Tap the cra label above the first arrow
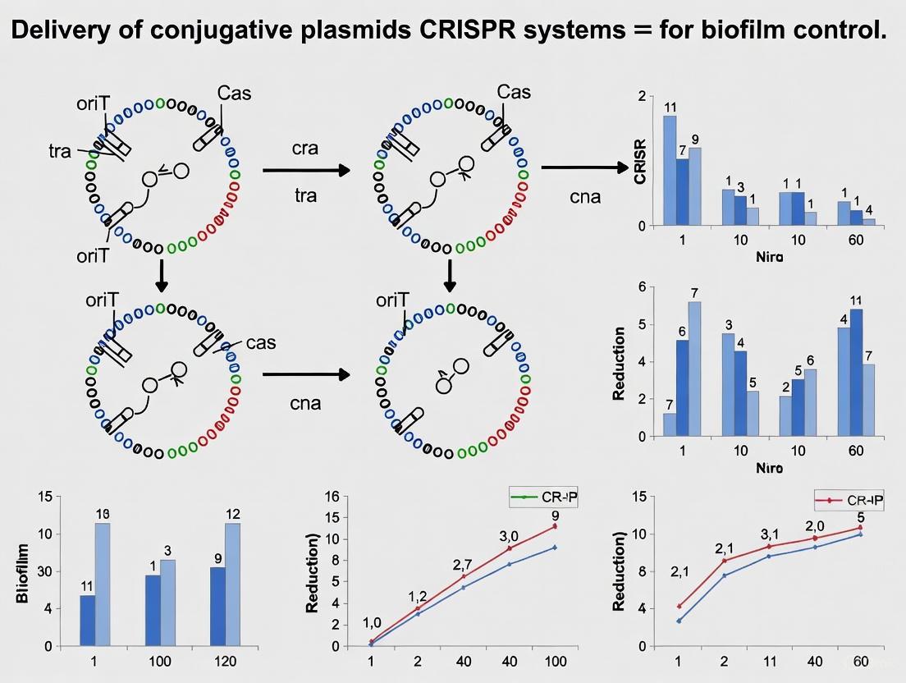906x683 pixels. coord(305,149)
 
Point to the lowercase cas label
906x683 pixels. coord(261,342)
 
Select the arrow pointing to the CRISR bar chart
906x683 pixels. coord(583,167)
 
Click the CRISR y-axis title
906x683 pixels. coord(641,161)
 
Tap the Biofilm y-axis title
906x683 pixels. coord(22,573)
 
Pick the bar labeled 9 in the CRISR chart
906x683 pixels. coord(694,186)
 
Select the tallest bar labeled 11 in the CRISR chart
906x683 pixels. coord(670,170)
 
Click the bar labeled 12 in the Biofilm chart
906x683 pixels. coord(232,584)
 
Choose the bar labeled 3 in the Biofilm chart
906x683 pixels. coord(167,603)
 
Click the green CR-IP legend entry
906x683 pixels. coord(542,497)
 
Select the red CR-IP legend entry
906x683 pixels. coord(848,500)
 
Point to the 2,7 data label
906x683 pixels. coord(463,565)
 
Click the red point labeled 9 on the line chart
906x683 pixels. coord(555,526)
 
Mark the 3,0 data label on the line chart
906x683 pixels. coord(509,536)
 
